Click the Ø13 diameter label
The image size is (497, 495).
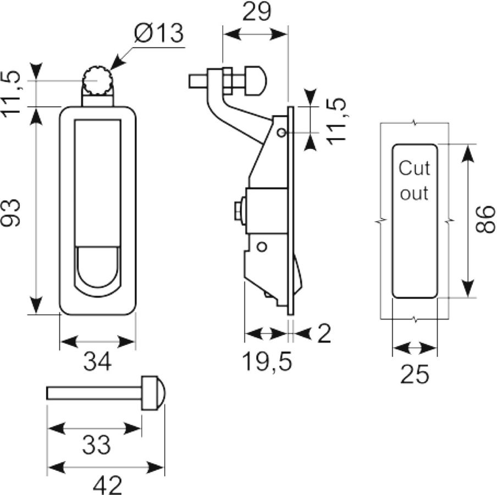158,32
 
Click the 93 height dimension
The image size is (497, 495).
10,213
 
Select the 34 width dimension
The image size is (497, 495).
97,361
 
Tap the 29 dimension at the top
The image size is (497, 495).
257,12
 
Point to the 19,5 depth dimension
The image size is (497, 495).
267,361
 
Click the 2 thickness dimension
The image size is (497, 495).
324,333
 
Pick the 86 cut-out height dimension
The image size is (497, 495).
485,219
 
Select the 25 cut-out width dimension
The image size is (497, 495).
415,374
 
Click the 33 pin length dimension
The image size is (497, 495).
96,444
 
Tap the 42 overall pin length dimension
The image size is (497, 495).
107,485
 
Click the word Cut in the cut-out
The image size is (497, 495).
415,168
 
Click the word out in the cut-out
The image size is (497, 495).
415,193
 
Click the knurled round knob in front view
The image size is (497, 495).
98,81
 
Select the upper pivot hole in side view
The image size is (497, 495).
281,132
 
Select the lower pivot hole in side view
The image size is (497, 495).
262,246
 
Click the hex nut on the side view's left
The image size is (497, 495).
239,210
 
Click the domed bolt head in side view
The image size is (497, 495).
256,80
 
